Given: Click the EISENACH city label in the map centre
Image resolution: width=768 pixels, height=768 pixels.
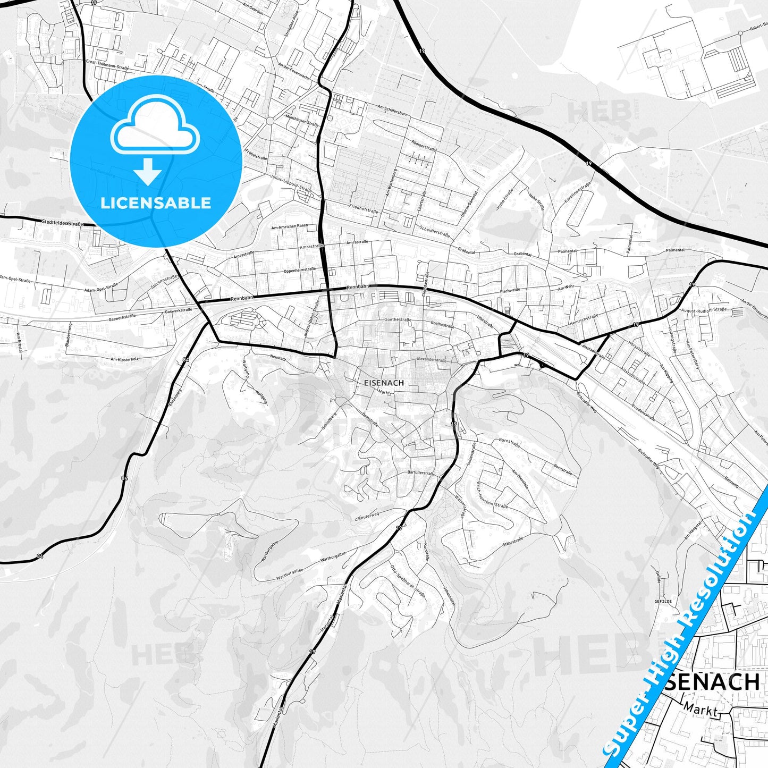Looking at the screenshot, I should pyautogui.click(x=384, y=383).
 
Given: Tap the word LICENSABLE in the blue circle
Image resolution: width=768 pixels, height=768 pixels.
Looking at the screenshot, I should pyautogui.click(x=156, y=202).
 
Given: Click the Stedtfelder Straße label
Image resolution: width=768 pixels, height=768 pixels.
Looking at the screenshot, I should pyautogui.click(x=63, y=224).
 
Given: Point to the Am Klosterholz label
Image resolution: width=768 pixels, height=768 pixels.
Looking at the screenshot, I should pyautogui.click(x=124, y=359).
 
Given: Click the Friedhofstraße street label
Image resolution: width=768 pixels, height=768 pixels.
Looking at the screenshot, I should pyautogui.click(x=364, y=208).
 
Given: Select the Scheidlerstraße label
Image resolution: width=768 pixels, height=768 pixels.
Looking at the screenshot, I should pyautogui.click(x=435, y=231).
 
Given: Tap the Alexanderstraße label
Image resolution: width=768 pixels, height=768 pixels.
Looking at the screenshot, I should pyautogui.click(x=431, y=360).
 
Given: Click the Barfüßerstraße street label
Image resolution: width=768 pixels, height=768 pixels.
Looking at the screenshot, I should pyautogui.click(x=420, y=472).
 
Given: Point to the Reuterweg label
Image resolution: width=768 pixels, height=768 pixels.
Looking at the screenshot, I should pyautogui.click(x=368, y=516).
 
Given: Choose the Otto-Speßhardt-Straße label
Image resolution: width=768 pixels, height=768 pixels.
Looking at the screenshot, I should pyautogui.click(x=408, y=581).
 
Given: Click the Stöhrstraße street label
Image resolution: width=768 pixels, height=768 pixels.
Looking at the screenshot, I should pyautogui.click(x=513, y=542).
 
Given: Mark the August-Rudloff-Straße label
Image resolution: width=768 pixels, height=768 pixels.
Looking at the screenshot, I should pyautogui.click(x=704, y=309).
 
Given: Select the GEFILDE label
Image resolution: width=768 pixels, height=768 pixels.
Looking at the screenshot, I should pyautogui.click(x=663, y=601).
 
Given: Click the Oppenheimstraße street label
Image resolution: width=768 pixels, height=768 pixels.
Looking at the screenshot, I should pyautogui.click(x=300, y=271).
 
